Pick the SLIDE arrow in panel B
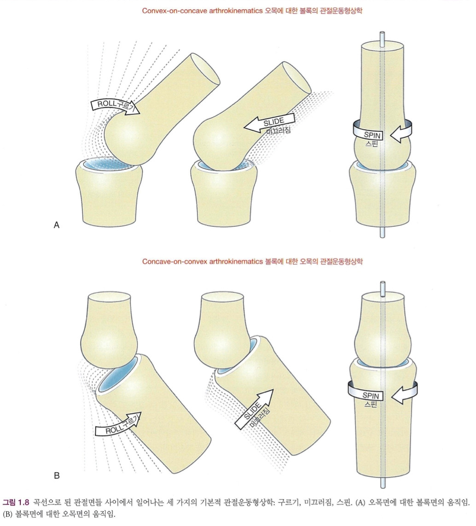pos(256,409)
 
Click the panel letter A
pos(57,225)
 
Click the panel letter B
pos(57,475)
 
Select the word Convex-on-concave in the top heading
pos(167,11)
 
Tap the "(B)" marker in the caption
pos(8,514)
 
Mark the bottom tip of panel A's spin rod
pos(382,236)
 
